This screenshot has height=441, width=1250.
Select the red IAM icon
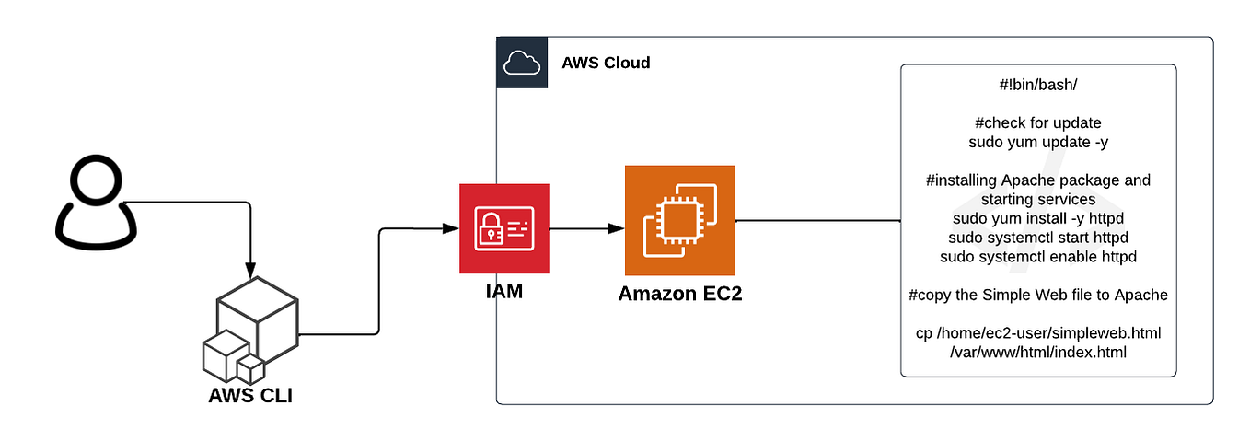point(503,228)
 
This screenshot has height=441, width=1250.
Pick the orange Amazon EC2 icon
point(679,221)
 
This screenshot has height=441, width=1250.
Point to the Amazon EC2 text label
point(679,295)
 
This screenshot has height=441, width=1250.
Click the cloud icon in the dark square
point(521,63)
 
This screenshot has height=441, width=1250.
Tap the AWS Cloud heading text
point(606,64)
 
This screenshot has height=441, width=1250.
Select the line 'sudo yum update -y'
point(1037,142)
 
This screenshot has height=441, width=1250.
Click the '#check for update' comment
point(1037,123)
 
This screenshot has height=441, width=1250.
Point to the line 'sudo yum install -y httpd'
point(1037,218)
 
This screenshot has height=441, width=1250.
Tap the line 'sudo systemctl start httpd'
point(1037,238)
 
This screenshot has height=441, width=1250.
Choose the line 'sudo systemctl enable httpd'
point(1037,256)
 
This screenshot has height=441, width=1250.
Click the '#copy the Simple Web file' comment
point(1037,295)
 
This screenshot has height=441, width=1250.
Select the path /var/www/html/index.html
point(1037,352)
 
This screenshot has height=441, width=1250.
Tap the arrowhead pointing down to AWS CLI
point(249,268)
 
